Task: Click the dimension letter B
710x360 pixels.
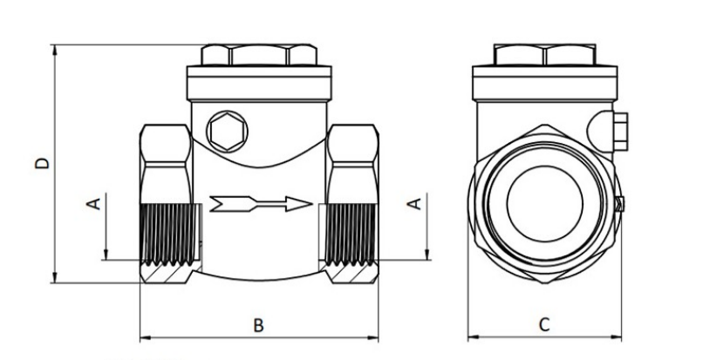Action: pos(258,325)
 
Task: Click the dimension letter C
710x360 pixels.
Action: pos(544,325)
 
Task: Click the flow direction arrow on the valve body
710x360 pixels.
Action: pos(261,204)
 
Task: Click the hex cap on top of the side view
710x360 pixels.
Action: pos(258,55)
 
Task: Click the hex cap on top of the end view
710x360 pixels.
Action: pos(544,55)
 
